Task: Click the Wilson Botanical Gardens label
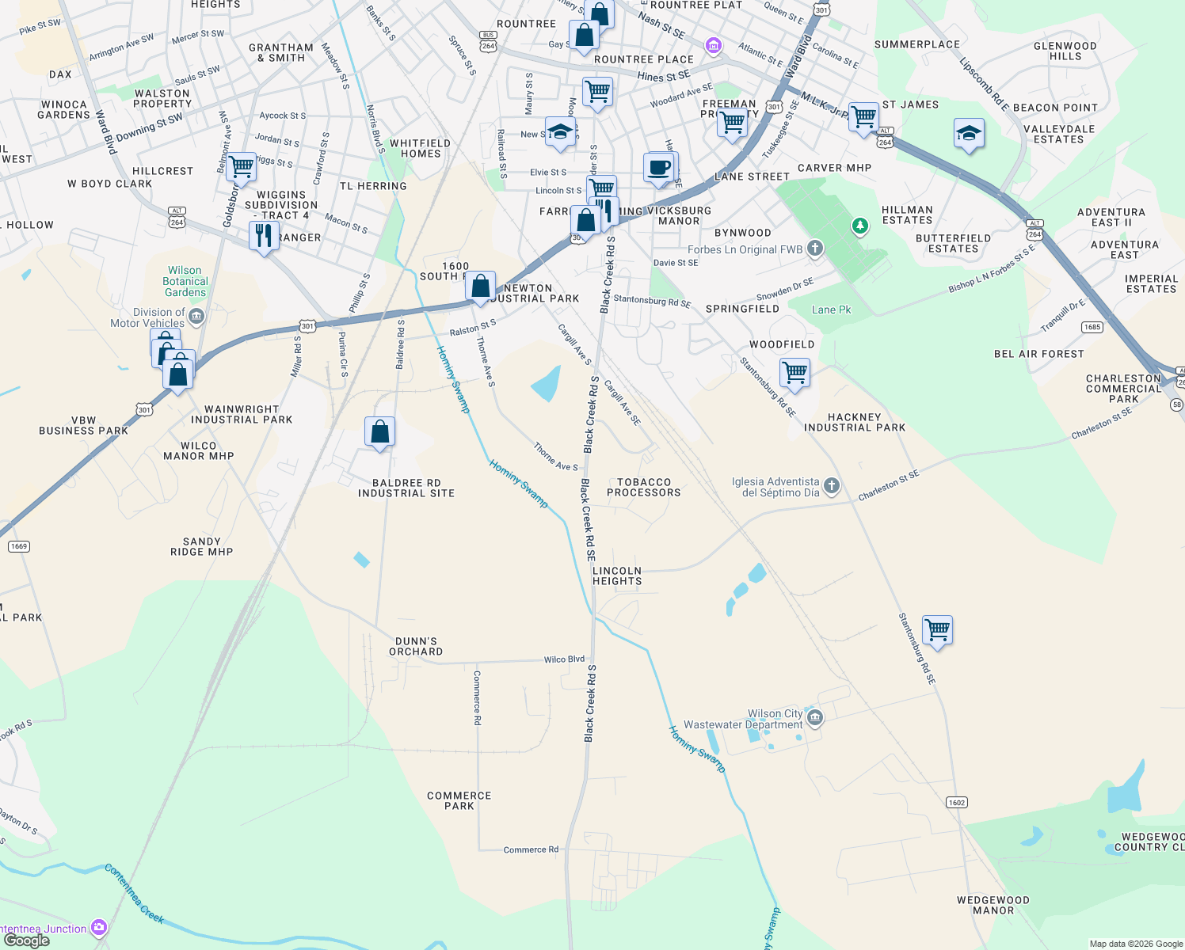(185, 282)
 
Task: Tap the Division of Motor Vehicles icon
(196, 317)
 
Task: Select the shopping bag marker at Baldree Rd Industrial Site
(379, 432)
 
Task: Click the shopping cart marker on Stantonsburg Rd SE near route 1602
(937, 631)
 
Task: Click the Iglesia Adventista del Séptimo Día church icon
(831, 486)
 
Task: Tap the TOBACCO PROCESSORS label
(643, 488)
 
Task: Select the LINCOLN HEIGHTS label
(617, 576)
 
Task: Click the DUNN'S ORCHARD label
(416, 647)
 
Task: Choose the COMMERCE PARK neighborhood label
(459, 800)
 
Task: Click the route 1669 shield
(19, 546)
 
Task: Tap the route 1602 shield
(956, 803)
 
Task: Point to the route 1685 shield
(1092, 327)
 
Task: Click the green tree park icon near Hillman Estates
(859, 227)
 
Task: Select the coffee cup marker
(659, 168)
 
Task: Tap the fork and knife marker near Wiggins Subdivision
(263, 235)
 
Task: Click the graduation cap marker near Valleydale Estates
(968, 134)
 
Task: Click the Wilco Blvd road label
(564, 659)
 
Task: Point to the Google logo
(26, 940)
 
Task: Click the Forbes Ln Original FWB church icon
(815, 249)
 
